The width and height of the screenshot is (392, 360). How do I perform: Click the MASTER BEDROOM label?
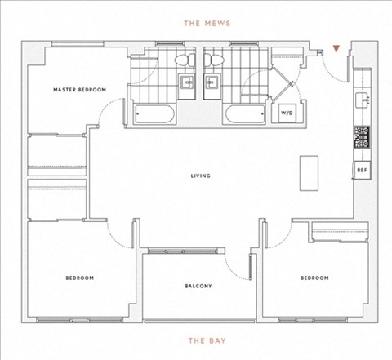[x=79, y=90]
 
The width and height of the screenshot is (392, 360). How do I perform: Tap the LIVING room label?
[x=201, y=176]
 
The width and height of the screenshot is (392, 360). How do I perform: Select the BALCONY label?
[x=198, y=286]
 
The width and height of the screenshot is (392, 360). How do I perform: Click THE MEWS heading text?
[x=207, y=23]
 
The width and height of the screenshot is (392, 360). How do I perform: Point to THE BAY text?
[x=207, y=340]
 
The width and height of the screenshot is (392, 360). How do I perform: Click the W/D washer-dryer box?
[x=287, y=113]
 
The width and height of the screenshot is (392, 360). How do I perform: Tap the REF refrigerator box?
[x=363, y=170]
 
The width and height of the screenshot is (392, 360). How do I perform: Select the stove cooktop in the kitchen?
[x=362, y=137]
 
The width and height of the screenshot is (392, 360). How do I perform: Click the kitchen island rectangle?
[x=309, y=173]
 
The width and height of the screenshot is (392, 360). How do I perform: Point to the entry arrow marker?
[x=336, y=49]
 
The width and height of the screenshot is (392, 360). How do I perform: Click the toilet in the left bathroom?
[x=185, y=60]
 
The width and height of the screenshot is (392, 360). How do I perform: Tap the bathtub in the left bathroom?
[x=154, y=114]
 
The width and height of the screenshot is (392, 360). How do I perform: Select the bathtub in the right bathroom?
[x=245, y=114]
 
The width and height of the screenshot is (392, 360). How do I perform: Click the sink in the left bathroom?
[x=187, y=82]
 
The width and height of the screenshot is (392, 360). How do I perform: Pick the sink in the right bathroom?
[x=212, y=82]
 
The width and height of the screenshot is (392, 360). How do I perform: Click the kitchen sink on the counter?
[x=362, y=100]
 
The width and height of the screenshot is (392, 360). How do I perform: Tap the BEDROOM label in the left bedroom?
[x=80, y=278]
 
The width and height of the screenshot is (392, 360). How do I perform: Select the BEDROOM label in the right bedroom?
[x=314, y=278]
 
